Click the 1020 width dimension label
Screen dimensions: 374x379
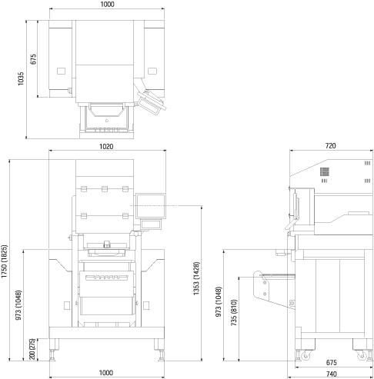tap(106, 146)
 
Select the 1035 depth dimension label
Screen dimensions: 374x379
tap(21, 78)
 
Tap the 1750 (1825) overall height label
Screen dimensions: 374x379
tap(5, 261)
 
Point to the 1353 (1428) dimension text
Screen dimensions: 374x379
tap(196, 278)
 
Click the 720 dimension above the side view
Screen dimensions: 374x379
tap(330, 145)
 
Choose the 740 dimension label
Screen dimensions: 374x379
tap(332, 374)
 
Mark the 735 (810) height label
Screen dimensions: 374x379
tap(234, 313)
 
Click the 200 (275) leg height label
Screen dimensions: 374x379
tap(32, 349)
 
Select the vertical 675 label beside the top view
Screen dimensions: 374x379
tap(33, 59)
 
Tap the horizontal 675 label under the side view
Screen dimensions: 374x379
tap(332, 363)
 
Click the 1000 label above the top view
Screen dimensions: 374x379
tap(107, 5)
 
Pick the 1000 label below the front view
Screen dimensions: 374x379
tap(106, 373)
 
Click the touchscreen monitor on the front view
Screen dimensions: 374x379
tap(151, 206)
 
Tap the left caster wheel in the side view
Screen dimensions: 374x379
tap(306, 356)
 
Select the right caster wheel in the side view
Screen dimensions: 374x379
tap(362, 356)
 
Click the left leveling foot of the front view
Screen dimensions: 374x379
tap(52, 355)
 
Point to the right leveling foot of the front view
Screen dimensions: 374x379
tap(162, 355)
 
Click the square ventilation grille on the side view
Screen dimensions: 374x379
tap(325, 172)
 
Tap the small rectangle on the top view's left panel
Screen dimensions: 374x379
tap(61, 71)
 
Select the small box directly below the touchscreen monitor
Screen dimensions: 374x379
tap(151, 224)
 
